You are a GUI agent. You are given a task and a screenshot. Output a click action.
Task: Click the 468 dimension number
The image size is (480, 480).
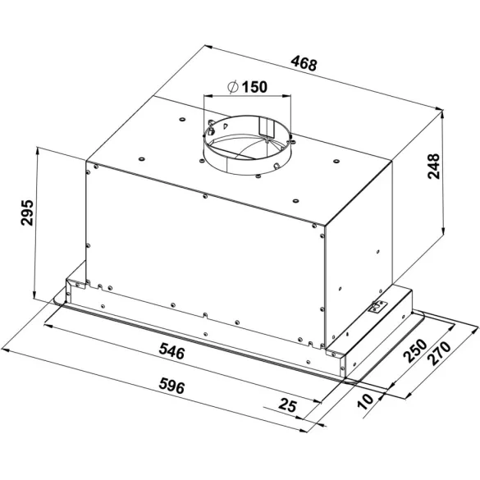click(x=304, y=63)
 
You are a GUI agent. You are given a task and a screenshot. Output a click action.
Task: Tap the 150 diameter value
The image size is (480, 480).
click(x=254, y=87)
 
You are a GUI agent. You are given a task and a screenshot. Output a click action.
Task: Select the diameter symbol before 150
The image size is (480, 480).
click(x=233, y=87)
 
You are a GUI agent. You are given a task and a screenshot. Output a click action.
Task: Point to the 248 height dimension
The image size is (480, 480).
click(x=433, y=167)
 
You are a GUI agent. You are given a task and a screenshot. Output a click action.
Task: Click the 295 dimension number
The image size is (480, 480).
click(x=27, y=213)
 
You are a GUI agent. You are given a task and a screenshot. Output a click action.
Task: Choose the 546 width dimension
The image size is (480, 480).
click(x=171, y=351)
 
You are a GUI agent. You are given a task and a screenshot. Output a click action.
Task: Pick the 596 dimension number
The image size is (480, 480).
click(x=171, y=386)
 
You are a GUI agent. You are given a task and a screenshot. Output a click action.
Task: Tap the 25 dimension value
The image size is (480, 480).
click(x=287, y=405)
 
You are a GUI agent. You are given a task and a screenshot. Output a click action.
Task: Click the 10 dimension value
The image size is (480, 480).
click(x=366, y=401)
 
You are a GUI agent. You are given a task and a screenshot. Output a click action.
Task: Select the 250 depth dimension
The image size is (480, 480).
click(x=415, y=350)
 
